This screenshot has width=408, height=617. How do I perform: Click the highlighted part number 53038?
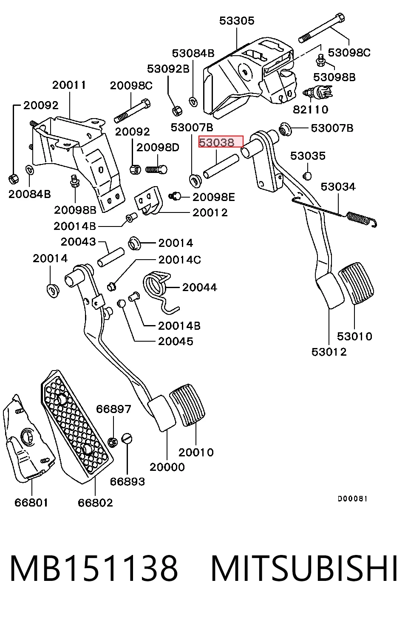pos(216,142)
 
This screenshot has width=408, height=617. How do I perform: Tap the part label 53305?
pos(237,21)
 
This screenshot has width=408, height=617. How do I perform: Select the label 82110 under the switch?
pos(311,110)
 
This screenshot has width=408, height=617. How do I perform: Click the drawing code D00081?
pos(352,498)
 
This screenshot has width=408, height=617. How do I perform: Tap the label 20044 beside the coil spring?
pos(199,287)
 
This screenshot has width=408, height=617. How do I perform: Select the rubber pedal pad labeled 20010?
pos(187,405)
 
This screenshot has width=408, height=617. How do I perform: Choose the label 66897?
pos(113,409)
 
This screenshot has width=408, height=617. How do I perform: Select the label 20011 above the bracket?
pos(69,85)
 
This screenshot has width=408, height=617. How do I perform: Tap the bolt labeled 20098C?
pos(133,111)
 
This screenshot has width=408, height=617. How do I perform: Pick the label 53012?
pos(329,352)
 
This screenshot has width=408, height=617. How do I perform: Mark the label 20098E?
pos(213,197)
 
